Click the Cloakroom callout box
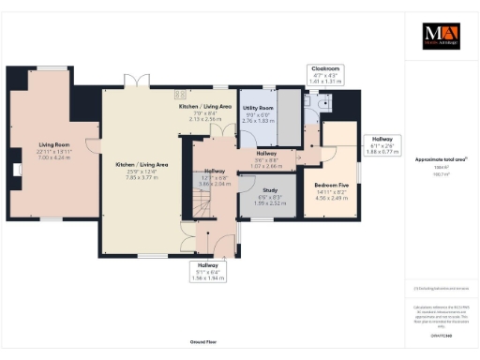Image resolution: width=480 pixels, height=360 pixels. pyautogui.click(x=326, y=75)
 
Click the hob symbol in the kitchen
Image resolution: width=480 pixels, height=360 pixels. pyautogui.click(x=176, y=93)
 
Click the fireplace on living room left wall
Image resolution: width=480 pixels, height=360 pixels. pyautogui.click(x=18, y=171)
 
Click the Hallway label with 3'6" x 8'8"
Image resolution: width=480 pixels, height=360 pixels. pyautogui.click(x=269, y=160)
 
